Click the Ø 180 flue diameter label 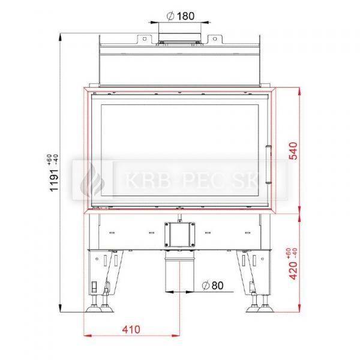coord(181,16)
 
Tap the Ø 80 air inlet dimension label coord(212,286)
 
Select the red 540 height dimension coord(293,151)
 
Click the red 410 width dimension coord(131,329)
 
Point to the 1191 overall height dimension coord(54,180)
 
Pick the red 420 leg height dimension coord(293,271)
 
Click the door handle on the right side coord(268,164)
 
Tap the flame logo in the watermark coord(92,180)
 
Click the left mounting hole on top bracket coord(145,39)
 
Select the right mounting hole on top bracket coord(215,39)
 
